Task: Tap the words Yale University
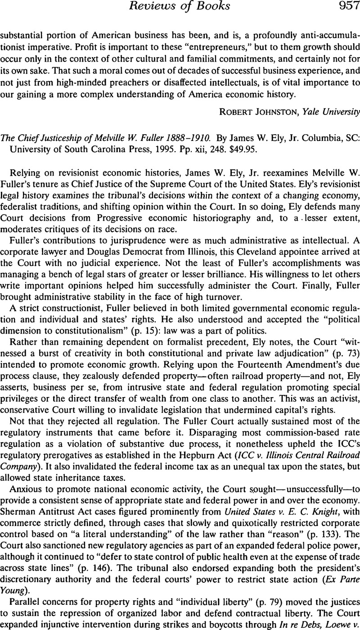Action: pyautogui.click(x=325, y=109)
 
